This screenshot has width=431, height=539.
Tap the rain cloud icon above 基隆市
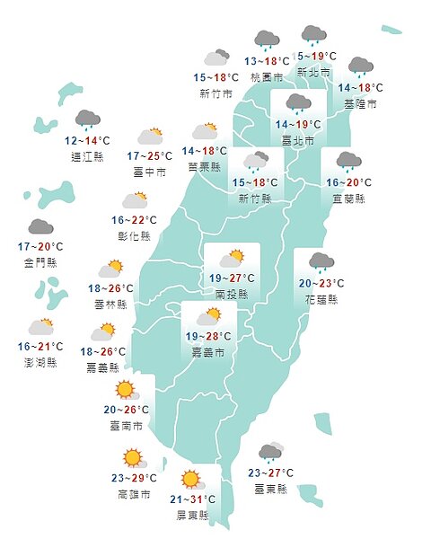tap(360, 66)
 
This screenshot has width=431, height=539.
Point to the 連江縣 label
tap(87, 155)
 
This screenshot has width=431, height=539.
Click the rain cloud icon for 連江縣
tap(87, 119)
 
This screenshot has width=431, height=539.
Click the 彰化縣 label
tap(135, 235)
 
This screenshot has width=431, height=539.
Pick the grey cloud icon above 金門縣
tap(40, 226)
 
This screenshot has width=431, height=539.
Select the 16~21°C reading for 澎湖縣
tap(40, 347)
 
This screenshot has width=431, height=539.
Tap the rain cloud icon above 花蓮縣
tap(321, 262)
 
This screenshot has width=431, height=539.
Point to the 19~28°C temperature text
tap(209, 337)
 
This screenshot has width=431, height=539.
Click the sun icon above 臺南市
tap(124, 391)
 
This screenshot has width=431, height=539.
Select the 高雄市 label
tap(133, 495)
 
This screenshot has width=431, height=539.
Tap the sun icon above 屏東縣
tap(190, 479)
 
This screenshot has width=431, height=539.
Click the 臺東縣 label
tap(270, 490)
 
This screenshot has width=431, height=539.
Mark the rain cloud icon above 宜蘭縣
tap(347, 162)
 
